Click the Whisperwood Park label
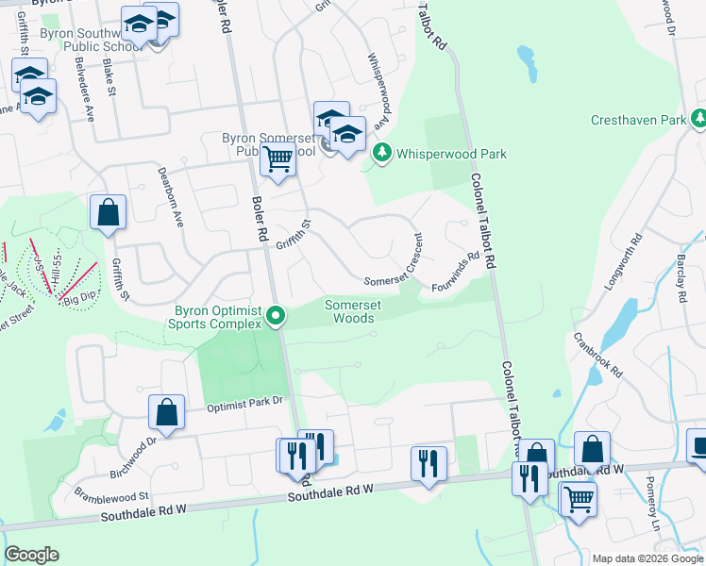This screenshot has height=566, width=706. [451, 154]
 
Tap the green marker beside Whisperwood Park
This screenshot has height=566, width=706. [381, 153]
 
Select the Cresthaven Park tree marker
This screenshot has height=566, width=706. [698, 119]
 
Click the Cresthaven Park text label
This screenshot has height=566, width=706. [638, 121]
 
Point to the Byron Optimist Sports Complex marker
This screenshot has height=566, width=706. [276, 316]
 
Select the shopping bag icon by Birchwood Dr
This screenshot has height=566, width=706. [166, 412]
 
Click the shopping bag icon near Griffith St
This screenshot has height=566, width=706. [109, 212]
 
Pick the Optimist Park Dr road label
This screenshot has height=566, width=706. [245, 403]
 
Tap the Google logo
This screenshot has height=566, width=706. [31, 555]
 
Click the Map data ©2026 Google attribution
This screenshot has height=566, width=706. [647, 558]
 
